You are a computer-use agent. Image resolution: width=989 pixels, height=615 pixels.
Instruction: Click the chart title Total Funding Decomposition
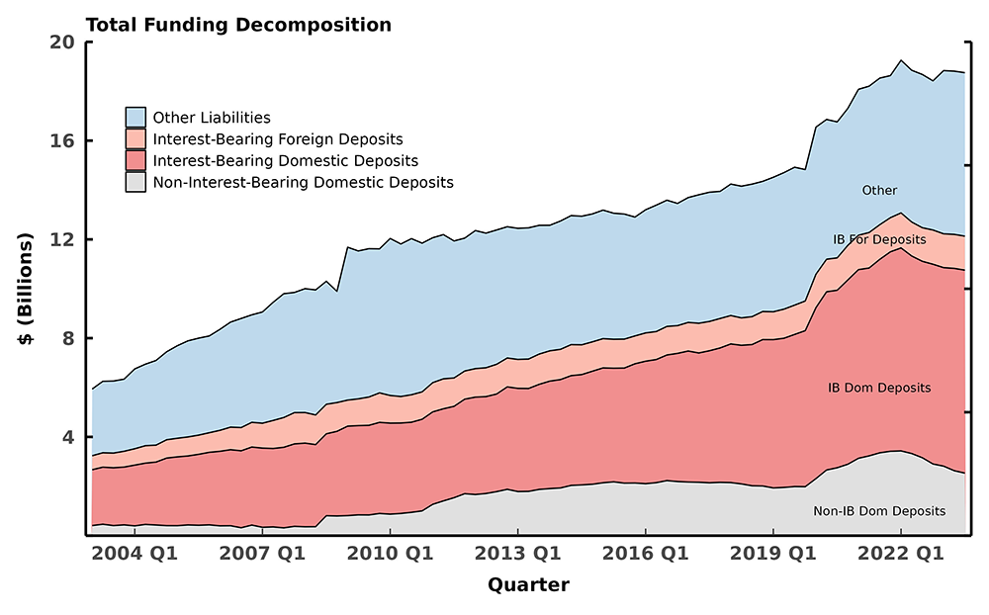238,25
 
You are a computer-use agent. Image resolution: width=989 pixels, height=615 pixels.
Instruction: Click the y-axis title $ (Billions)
27,289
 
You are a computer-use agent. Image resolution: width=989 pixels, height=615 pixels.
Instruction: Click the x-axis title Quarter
528,584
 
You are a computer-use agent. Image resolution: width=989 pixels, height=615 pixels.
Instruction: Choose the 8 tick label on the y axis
69,338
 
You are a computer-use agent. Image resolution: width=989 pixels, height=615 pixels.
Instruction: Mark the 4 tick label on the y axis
69,437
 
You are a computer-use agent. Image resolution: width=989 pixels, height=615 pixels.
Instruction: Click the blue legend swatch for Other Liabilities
135,118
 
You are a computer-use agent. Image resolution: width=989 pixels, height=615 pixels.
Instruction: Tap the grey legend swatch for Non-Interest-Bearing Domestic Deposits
135,182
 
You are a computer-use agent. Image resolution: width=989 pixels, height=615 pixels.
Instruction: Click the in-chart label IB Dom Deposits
879,388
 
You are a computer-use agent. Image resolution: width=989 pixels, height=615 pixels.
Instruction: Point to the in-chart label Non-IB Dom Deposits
879,511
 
